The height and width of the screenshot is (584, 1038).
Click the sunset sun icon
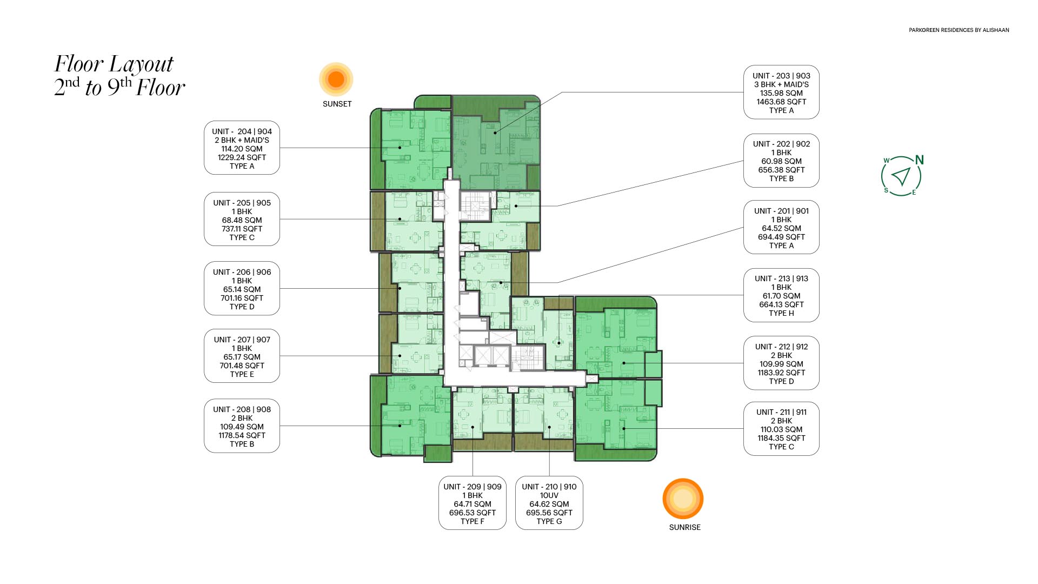click(x=336, y=79)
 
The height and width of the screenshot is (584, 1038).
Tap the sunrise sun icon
click(x=683, y=499)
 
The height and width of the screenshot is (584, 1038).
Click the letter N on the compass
click(x=919, y=160)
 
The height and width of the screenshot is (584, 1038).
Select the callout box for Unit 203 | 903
click(x=781, y=92)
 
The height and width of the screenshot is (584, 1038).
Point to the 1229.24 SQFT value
click(x=242, y=157)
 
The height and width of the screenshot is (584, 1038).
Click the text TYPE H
click(x=781, y=313)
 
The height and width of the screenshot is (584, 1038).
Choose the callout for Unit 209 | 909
click(x=473, y=503)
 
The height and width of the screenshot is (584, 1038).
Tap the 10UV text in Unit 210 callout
click(x=549, y=495)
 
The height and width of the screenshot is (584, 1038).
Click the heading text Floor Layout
click(x=114, y=64)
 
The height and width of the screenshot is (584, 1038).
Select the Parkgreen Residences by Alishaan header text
click(x=959, y=30)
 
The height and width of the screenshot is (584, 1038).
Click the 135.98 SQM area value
click(x=781, y=93)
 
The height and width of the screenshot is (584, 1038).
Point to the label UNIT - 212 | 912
click(x=781, y=347)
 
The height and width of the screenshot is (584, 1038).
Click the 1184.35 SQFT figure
click(x=781, y=438)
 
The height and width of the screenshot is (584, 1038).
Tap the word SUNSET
click(x=337, y=104)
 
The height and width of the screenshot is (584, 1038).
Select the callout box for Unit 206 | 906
click(x=242, y=289)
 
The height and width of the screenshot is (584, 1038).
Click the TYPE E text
click(x=242, y=374)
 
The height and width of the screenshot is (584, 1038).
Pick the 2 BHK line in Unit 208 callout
click(x=242, y=418)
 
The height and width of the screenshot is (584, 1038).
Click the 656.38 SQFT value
click(x=781, y=170)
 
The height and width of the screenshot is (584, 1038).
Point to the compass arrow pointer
click(x=901, y=176)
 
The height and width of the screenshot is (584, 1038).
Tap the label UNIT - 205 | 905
click(x=242, y=203)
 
